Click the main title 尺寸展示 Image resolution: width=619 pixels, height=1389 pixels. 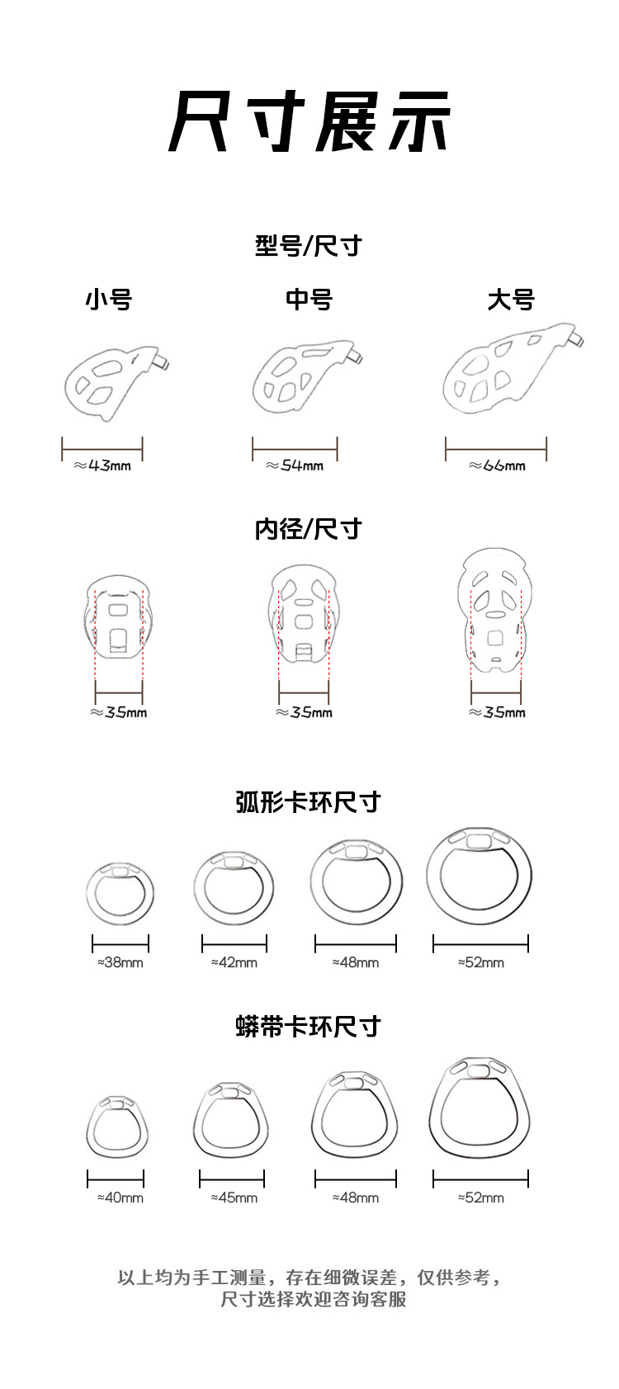click(x=309, y=121)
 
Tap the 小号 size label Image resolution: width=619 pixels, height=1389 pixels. click(x=109, y=300)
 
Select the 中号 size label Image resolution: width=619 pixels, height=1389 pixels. click(x=309, y=300)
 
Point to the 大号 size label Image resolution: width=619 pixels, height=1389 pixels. click(x=510, y=300)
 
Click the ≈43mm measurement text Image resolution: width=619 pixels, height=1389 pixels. click(x=102, y=465)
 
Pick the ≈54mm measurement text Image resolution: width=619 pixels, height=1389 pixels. click(x=295, y=465)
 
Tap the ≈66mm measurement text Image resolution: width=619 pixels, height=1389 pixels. click(x=497, y=465)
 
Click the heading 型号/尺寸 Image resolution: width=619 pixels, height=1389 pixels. click(x=308, y=246)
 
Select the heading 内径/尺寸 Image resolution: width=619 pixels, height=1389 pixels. click(x=308, y=529)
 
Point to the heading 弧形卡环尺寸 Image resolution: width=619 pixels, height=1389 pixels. click(x=308, y=802)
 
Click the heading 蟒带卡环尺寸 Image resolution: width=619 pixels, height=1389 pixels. click(x=308, y=1026)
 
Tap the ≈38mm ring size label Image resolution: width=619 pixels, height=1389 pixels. click(x=120, y=962)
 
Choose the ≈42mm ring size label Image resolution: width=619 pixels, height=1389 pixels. click(x=234, y=962)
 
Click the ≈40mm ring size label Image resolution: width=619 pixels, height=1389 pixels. click(x=120, y=1198)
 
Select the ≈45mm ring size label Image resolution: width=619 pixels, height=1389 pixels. click(x=234, y=1198)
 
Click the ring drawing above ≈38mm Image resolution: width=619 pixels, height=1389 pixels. click(x=88, y=894)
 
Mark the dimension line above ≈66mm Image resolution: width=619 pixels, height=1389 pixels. click(x=496, y=449)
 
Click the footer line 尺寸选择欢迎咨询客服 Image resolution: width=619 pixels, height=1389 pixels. click(x=314, y=1299)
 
